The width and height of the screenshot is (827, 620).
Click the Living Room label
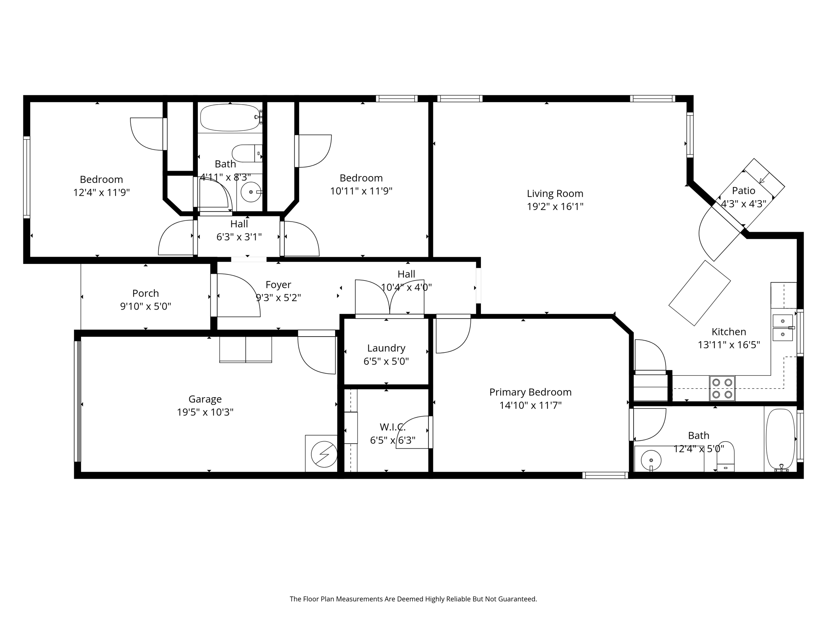point(555,193)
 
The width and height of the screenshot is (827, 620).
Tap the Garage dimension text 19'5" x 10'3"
point(205,412)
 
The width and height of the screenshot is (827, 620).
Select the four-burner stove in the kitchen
point(722,388)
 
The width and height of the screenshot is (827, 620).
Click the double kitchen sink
point(783,328)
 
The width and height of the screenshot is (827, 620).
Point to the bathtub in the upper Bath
point(230,117)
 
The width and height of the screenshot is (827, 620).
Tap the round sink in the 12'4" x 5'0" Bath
point(651,460)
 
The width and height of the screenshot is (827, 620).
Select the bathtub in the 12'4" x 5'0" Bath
point(780,440)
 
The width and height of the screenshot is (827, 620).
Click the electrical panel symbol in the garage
point(324,453)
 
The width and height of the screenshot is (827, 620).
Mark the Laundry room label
point(386,348)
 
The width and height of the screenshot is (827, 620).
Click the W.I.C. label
point(392,427)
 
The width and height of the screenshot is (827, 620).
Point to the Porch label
point(145,293)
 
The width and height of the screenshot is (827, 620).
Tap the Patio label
point(743,190)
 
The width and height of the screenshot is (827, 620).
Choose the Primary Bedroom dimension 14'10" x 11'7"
point(530,405)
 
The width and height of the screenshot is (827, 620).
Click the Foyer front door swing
point(236,295)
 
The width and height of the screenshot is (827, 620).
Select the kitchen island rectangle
point(699,293)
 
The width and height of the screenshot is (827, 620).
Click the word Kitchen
point(728,332)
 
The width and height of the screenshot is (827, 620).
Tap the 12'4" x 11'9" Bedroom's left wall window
point(27,177)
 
